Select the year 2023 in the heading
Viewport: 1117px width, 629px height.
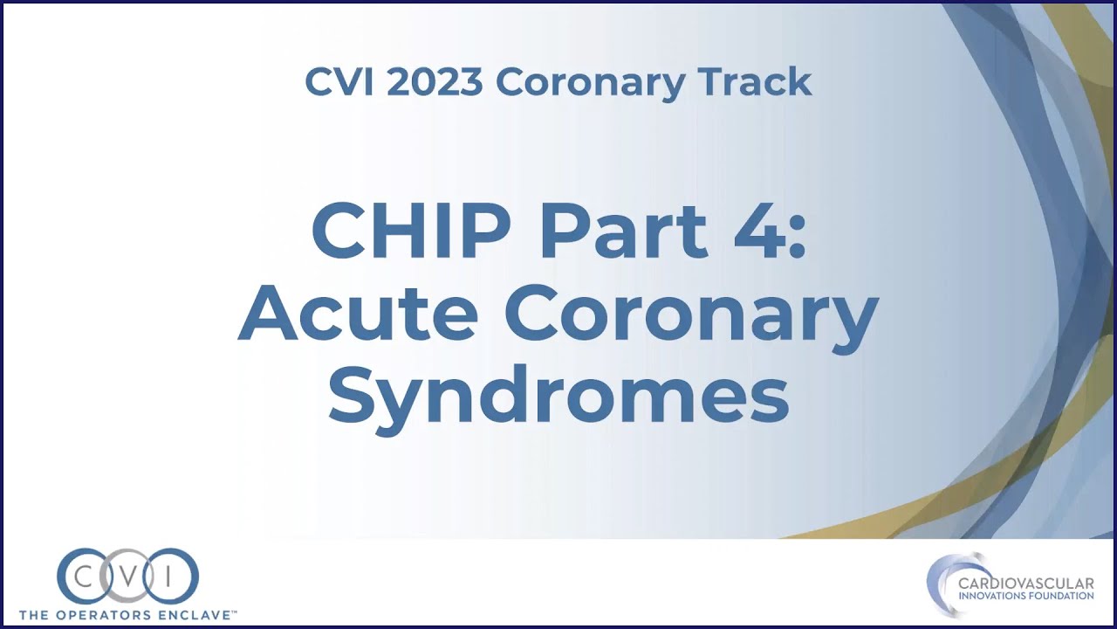[x=434, y=82]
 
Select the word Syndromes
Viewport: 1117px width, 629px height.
[x=558, y=398]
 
